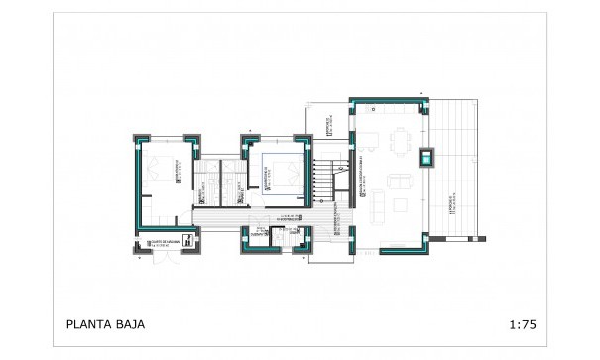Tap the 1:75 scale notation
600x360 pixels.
[522, 323]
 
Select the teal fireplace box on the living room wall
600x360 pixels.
[426, 157]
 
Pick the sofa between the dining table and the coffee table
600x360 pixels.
[400, 180]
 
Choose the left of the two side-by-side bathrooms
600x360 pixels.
[205, 183]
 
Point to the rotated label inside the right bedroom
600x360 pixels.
[264, 177]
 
